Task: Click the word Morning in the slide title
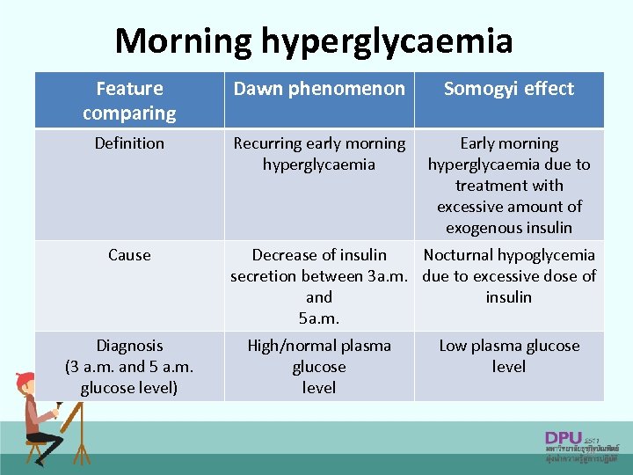coord(182,40)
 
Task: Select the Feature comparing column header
coord(129,100)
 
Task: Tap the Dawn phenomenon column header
coord(319,89)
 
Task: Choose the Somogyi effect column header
coord(509,89)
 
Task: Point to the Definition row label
coord(129,143)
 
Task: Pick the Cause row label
coord(129,255)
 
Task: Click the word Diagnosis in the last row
coord(129,346)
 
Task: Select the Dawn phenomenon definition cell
coord(319,154)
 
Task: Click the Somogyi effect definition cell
coord(509,185)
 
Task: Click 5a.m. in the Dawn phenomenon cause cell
coord(319,318)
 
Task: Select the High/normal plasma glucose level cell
coord(319,367)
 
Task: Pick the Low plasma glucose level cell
coord(509,356)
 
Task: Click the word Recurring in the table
coord(267,143)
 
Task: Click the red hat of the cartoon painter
coord(25,381)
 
